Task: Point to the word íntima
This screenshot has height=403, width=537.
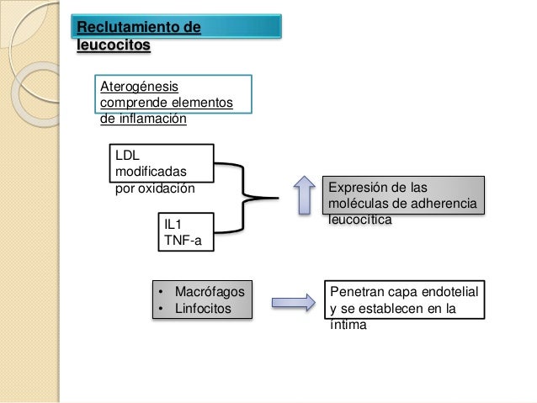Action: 348,325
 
